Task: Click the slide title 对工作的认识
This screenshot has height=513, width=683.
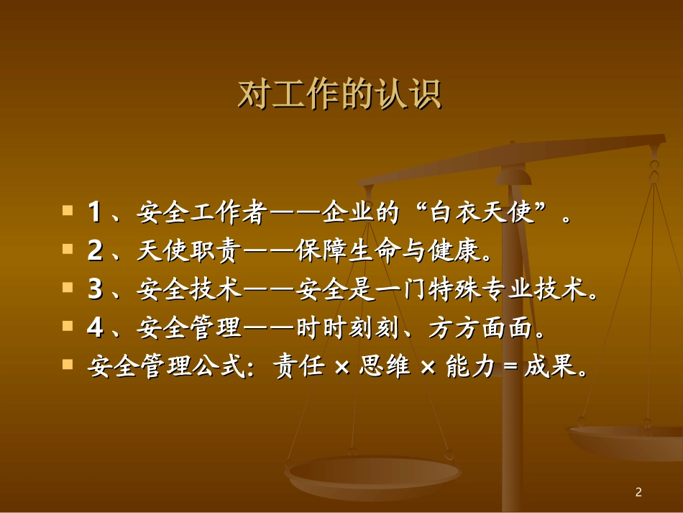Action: coord(339,95)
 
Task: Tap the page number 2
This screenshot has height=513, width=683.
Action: coord(638,492)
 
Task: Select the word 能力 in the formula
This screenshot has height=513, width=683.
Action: coord(470,367)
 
